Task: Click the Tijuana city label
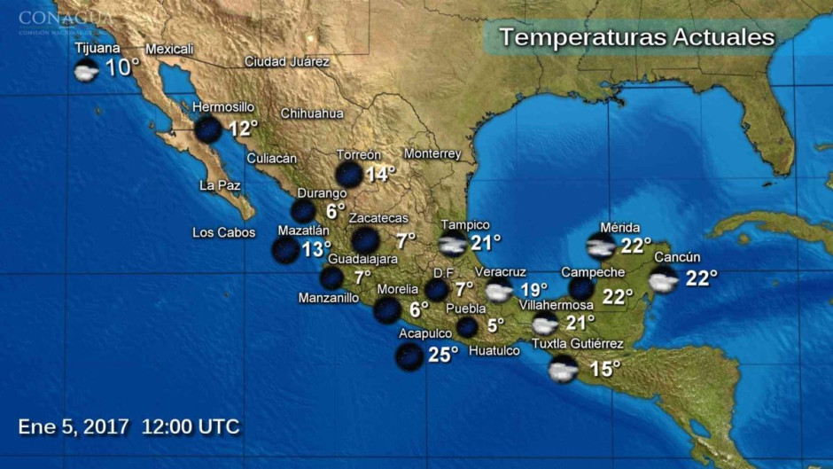point(97,48)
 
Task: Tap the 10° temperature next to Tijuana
point(122,67)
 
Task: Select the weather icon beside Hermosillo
point(208,129)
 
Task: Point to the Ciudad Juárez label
point(286,62)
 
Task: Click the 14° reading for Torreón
point(380,174)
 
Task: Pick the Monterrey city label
point(432,153)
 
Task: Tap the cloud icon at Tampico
point(453,244)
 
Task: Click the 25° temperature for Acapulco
point(442,355)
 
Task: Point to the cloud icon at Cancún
point(663,280)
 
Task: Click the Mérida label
point(619,227)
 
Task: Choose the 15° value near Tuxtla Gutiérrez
point(605,369)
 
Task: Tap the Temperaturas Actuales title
point(636,37)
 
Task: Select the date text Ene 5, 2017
point(74,426)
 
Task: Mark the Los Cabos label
point(223,233)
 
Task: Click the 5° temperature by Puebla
point(494,325)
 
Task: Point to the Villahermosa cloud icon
point(545,323)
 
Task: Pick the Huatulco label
point(494,350)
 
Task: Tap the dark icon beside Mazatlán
point(285,250)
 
